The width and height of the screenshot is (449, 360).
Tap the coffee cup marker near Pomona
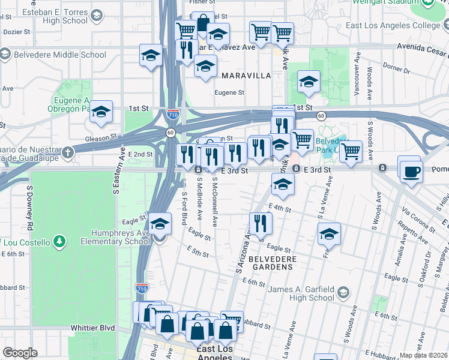(x=411, y=172)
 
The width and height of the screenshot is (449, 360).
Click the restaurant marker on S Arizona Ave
(x=261, y=223)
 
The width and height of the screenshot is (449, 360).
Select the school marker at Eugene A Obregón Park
(x=101, y=111)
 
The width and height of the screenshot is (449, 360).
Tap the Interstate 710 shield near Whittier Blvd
(x=142, y=287)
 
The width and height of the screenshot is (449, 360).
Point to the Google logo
(x=20, y=352)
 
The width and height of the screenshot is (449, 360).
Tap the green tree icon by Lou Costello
(x=59, y=241)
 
